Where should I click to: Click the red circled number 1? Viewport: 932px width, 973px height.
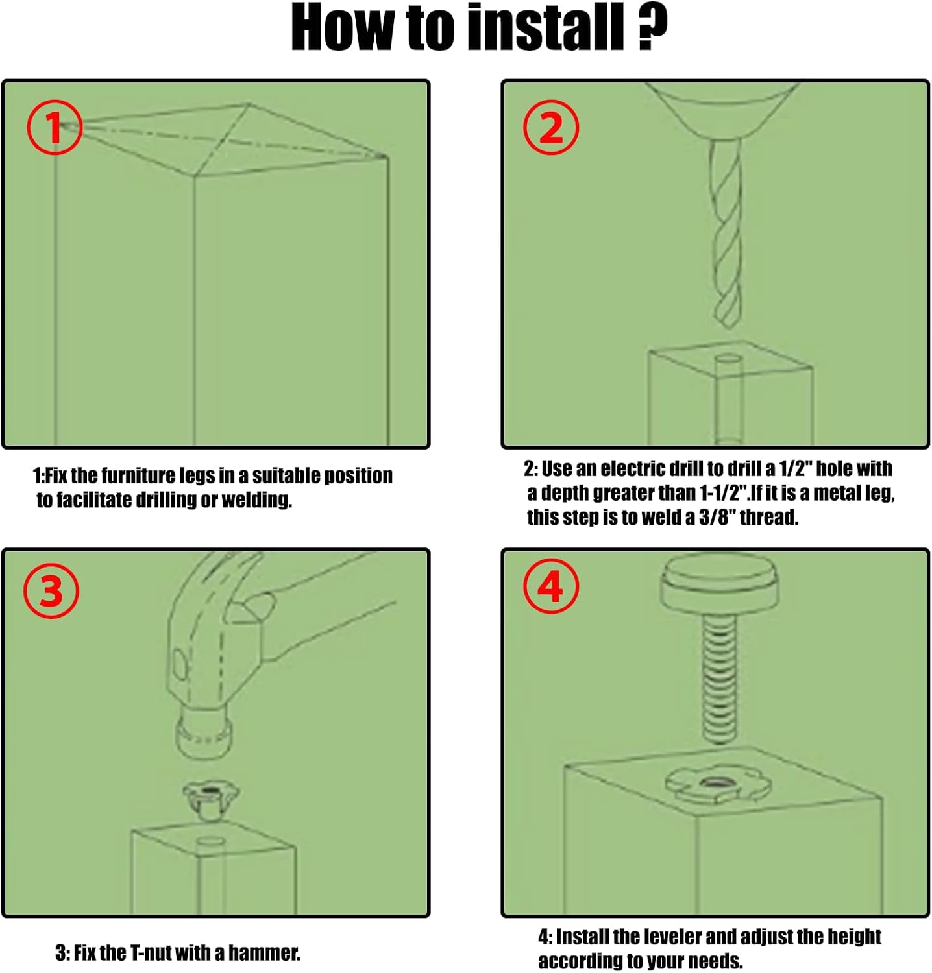coord(55,127)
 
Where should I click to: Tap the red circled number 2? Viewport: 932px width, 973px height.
coord(551,127)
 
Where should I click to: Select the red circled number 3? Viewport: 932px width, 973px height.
coord(51,591)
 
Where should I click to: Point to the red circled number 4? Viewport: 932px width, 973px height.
coord(551,587)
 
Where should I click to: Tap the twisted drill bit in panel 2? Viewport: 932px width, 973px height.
coord(726,234)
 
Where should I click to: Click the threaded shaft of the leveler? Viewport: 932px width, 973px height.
coord(719,679)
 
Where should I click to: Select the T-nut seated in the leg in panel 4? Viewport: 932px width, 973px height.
coord(718,784)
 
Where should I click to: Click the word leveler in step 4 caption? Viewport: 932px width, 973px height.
coord(670,937)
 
